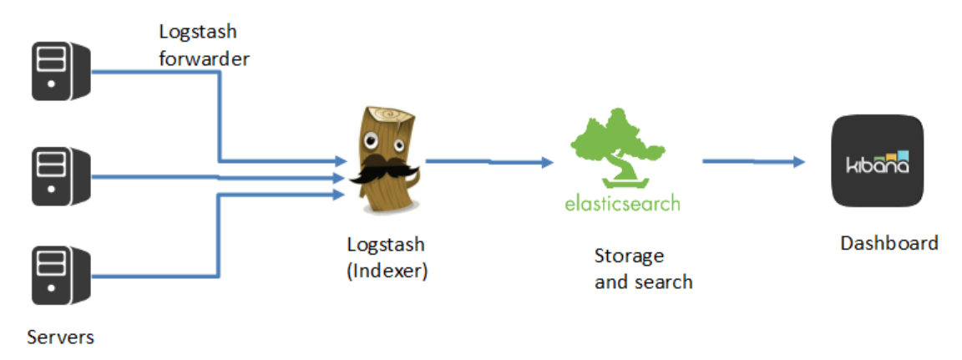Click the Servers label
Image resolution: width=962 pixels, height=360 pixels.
pos(60,337)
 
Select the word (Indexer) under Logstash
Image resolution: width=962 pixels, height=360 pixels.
pos(387,271)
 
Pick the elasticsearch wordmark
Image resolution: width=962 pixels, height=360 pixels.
pos(622,203)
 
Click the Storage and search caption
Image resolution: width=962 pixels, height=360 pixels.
pos(643,269)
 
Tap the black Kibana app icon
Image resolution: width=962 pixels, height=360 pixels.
pos(877,160)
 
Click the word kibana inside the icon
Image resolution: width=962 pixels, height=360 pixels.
pos(872,164)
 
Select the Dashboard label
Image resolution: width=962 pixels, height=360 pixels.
pos(889,243)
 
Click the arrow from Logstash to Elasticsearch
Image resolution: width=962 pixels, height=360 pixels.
pos(489,161)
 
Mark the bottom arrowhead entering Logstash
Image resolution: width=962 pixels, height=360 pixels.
pos(340,195)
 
